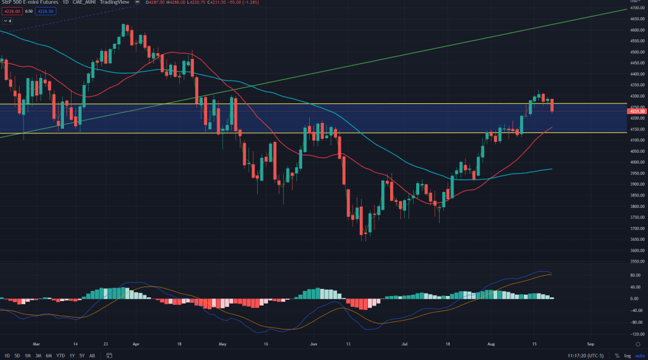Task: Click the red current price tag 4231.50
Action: click(x=637, y=112)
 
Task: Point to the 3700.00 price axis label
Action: click(x=637, y=228)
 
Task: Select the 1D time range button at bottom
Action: click(x=7, y=355)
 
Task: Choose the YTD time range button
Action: click(x=61, y=355)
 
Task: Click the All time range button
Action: click(x=92, y=355)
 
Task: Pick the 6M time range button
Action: click(x=49, y=355)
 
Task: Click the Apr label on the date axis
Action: click(x=136, y=344)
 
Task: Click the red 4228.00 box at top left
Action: click(x=11, y=11)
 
